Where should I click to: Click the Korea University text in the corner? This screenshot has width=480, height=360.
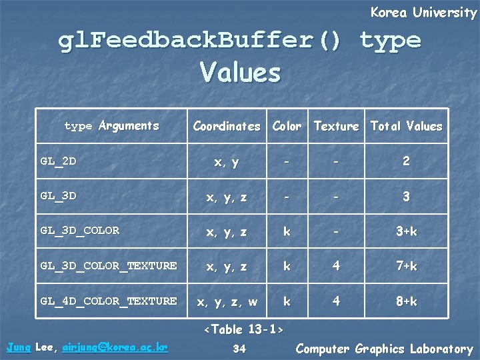423,12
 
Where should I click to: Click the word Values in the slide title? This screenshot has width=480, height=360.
240,72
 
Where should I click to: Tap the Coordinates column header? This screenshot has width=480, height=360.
227,125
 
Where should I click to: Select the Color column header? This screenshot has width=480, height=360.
287,125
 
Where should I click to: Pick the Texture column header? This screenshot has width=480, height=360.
336,125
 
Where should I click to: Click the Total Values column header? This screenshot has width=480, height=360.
406,125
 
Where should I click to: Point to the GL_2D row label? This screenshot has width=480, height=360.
58,161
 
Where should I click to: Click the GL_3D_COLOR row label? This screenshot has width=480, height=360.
79,231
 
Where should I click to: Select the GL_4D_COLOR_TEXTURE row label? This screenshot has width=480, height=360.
108,301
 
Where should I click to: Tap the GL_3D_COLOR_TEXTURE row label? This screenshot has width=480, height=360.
108,266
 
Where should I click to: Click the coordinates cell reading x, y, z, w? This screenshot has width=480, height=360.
227,302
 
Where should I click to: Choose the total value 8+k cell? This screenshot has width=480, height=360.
406,302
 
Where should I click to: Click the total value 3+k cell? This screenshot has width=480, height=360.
406,231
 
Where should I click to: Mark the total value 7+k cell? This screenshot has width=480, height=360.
406,267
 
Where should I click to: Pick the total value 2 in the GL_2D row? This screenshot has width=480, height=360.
406,161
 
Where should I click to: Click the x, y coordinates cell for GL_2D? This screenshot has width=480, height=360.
227,161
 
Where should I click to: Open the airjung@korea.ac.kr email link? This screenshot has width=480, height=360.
115,347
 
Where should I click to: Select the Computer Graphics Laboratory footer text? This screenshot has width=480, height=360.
384,348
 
